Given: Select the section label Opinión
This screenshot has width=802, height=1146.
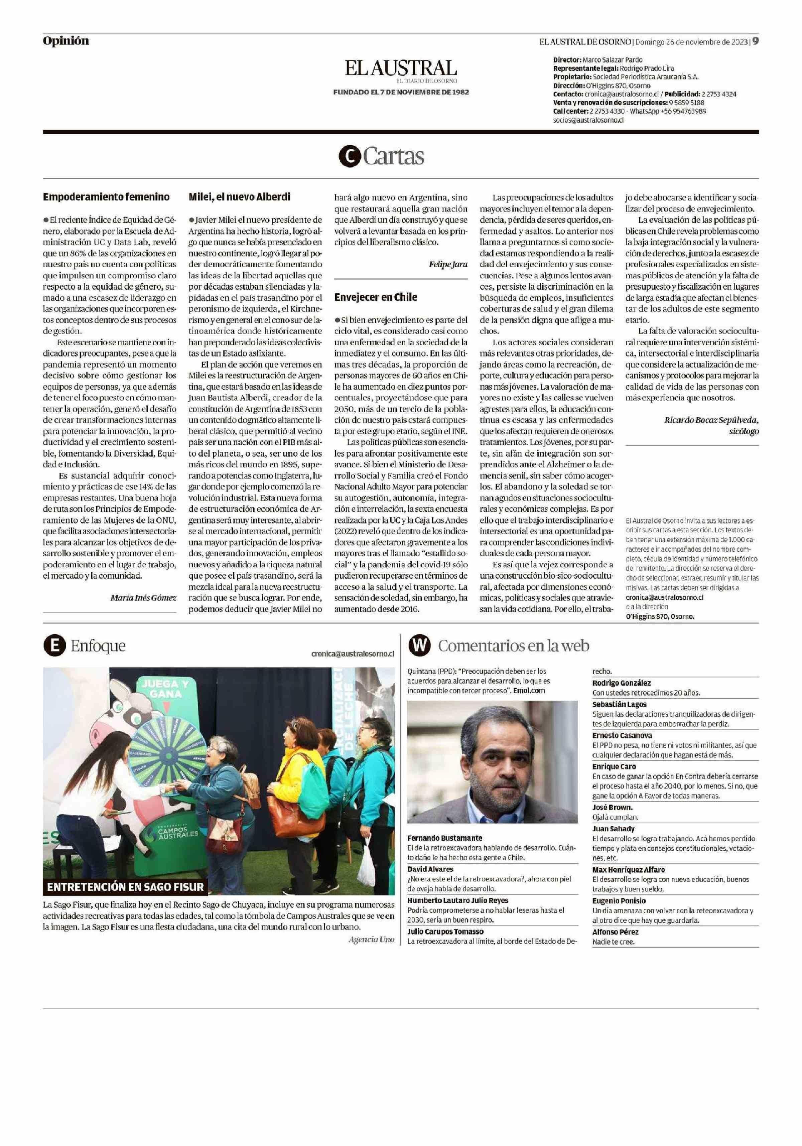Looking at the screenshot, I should (x=65, y=41).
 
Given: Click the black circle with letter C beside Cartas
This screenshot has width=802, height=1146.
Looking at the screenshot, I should (x=349, y=157).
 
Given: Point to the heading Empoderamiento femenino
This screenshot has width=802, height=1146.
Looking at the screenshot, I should (x=106, y=197).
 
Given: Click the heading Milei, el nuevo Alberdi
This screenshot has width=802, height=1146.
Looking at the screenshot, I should (x=239, y=197).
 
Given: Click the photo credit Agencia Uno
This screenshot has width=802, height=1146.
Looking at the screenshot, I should (x=371, y=940).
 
